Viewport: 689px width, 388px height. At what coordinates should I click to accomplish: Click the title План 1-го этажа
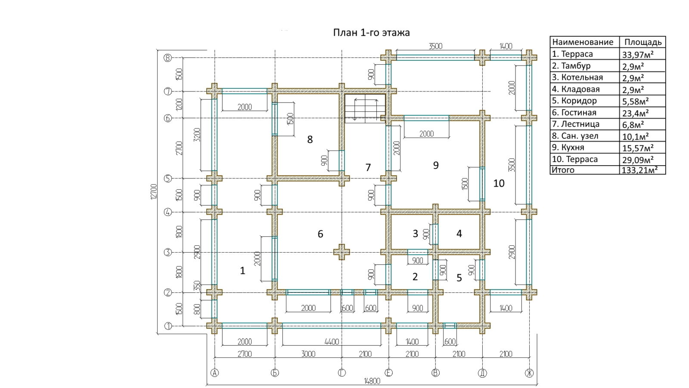[371, 33]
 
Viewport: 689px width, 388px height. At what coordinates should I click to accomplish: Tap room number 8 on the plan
[310, 139]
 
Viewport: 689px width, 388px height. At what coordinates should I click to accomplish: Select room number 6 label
[320, 234]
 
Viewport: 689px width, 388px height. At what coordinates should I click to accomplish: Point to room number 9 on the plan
[436, 165]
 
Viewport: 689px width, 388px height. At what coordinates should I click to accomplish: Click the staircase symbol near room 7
[365, 108]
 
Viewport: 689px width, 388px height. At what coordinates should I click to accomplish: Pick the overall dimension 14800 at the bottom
[372, 381]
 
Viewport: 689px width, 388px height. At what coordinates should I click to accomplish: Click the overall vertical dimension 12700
[154, 191]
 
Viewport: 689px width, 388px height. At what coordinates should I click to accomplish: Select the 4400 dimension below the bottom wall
[332, 342]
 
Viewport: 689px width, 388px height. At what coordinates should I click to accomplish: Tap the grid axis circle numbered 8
[168, 58]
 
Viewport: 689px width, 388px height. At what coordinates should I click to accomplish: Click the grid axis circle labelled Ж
[529, 373]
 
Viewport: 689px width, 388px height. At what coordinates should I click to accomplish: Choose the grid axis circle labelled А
[214, 373]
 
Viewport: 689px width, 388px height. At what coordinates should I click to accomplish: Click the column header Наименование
[583, 42]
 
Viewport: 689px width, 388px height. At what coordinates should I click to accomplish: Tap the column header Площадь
[643, 42]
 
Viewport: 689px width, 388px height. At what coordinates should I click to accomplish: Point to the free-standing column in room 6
[342, 252]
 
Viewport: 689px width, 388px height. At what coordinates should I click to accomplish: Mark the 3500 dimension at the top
[435, 46]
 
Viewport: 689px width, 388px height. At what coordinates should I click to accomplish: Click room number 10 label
[499, 183]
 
